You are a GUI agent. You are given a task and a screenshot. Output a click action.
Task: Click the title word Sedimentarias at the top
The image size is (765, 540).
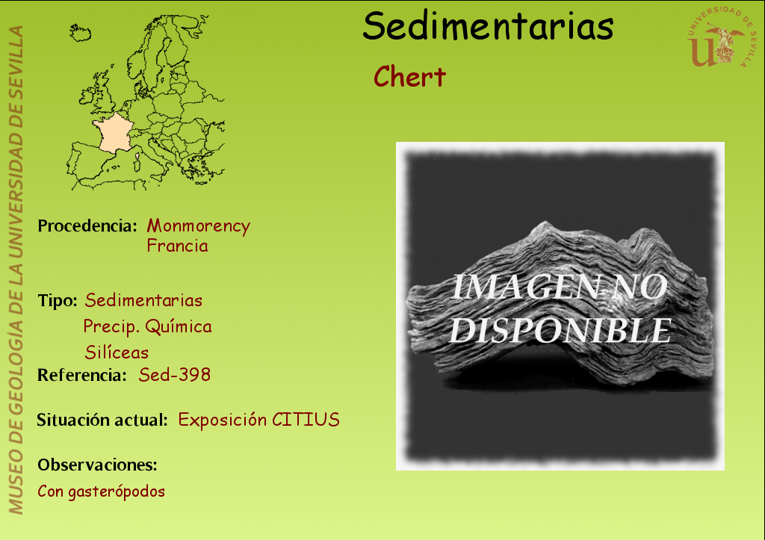pyautogui.click(x=488, y=26)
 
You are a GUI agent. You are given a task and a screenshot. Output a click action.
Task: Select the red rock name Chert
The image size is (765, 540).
pyautogui.click(x=409, y=77)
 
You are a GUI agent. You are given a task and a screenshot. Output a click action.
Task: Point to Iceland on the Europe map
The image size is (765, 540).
pyautogui.click(x=80, y=33)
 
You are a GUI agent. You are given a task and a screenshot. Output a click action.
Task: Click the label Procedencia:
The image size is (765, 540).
pyautogui.click(x=87, y=226)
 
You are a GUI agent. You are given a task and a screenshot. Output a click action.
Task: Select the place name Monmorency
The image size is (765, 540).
pyautogui.click(x=199, y=226)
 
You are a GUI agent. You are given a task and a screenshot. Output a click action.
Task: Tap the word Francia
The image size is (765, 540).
pyautogui.click(x=178, y=246)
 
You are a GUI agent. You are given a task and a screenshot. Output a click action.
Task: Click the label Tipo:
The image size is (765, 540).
pyautogui.click(x=57, y=300)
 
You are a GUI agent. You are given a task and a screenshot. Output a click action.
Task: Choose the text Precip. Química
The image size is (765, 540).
pyautogui.click(x=147, y=326)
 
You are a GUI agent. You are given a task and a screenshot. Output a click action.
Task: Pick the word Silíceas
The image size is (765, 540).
pyautogui.click(x=117, y=353)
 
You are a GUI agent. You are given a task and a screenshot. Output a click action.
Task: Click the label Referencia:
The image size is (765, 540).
pyautogui.click(x=82, y=375)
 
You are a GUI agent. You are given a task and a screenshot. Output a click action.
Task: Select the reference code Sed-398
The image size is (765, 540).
pyautogui.click(x=175, y=375)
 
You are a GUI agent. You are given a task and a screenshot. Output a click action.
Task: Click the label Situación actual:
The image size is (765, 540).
pyautogui.click(x=102, y=420)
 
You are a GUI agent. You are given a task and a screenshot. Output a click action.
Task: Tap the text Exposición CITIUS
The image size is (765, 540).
pyautogui.click(x=258, y=420)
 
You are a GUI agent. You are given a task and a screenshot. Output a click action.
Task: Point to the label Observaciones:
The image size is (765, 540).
pyautogui.click(x=97, y=465)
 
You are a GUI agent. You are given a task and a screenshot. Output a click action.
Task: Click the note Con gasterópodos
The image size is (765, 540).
pyautogui.click(x=101, y=491)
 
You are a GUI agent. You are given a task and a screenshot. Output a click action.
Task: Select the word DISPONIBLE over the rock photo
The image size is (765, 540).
pyautogui.click(x=560, y=331)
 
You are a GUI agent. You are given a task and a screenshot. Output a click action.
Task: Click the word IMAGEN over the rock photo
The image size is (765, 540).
pyautogui.click(x=525, y=287)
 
